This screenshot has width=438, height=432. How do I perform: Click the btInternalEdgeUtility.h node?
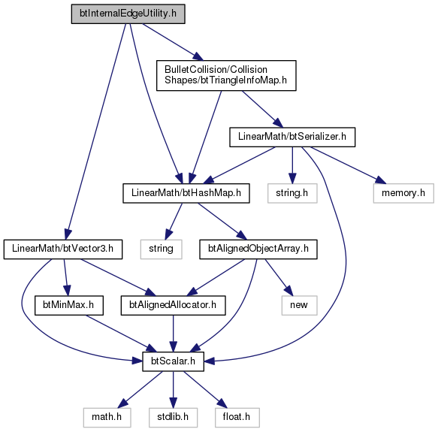128,14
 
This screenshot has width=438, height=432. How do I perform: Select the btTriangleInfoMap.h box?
226,75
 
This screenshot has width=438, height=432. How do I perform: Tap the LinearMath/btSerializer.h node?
292,137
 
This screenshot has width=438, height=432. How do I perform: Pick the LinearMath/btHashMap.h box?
186,193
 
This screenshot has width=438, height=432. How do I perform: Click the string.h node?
292,193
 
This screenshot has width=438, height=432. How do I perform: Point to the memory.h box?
403,193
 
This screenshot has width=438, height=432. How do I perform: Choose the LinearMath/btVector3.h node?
63,249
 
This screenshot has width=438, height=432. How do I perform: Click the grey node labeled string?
162,249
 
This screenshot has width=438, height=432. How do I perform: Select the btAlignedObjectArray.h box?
258,249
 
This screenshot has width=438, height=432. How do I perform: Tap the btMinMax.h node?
68,306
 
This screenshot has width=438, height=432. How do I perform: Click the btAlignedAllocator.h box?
173,306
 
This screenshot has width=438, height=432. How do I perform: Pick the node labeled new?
299,306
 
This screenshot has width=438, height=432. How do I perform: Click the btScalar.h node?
174,361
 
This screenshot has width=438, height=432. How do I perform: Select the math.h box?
107,418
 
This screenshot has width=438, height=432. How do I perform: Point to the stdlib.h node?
174,418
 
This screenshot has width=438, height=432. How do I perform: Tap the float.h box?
237,418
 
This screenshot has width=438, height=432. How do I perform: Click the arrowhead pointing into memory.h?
381,180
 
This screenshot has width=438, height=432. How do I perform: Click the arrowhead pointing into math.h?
122,404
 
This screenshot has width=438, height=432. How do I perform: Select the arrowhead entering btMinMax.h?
67,291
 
